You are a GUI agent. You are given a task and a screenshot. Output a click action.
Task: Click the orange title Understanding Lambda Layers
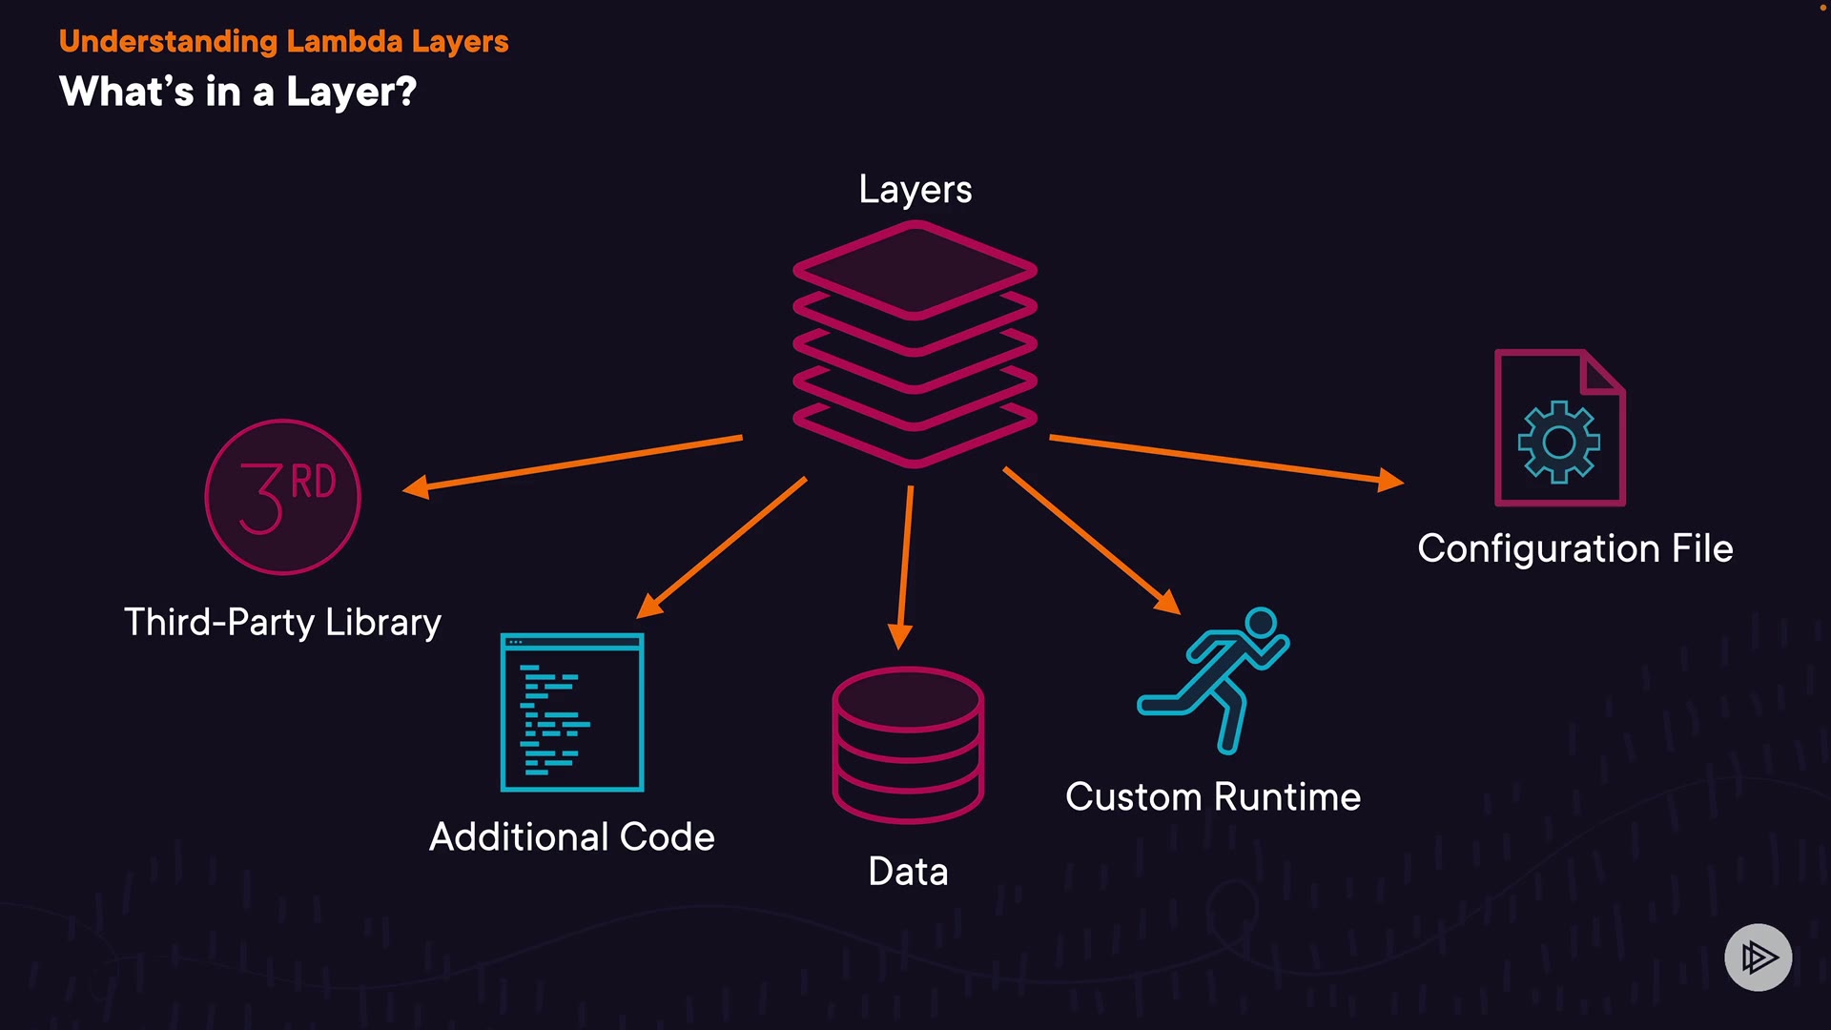coord(283,42)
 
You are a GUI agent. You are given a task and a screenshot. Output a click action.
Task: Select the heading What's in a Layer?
coord(237,93)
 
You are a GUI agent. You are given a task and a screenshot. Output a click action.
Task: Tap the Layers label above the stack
coord(915,189)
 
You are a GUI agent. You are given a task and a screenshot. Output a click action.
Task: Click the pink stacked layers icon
coord(915,343)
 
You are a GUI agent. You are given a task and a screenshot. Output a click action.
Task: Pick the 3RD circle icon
coord(283,497)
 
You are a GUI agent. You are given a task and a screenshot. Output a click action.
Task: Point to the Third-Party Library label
coord(282,622)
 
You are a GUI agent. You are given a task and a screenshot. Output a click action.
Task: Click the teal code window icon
coord(572,712)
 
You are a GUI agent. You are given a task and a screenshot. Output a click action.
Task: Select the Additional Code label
coord(571,836)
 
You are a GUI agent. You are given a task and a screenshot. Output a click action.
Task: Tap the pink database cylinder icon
coord(908,745)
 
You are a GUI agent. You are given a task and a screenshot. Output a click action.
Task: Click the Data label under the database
coord(908,871)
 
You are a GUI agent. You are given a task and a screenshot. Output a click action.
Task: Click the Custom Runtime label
coord(1212,796)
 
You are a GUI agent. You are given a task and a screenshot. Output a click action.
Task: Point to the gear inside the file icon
coord(1558,442)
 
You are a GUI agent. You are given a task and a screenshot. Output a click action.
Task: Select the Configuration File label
coord(1574,548)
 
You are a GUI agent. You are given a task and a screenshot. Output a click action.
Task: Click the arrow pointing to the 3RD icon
coord(572,463)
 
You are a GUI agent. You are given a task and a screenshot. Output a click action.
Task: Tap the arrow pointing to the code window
coord(722,547)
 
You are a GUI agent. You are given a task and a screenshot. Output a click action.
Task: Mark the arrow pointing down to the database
coord(905,567)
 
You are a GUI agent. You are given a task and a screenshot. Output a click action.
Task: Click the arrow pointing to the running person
coord(1091,540)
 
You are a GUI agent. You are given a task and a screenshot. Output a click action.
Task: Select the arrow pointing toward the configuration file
coord(1225,460)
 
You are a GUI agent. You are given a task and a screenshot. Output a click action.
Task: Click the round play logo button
coord(1758,957)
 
